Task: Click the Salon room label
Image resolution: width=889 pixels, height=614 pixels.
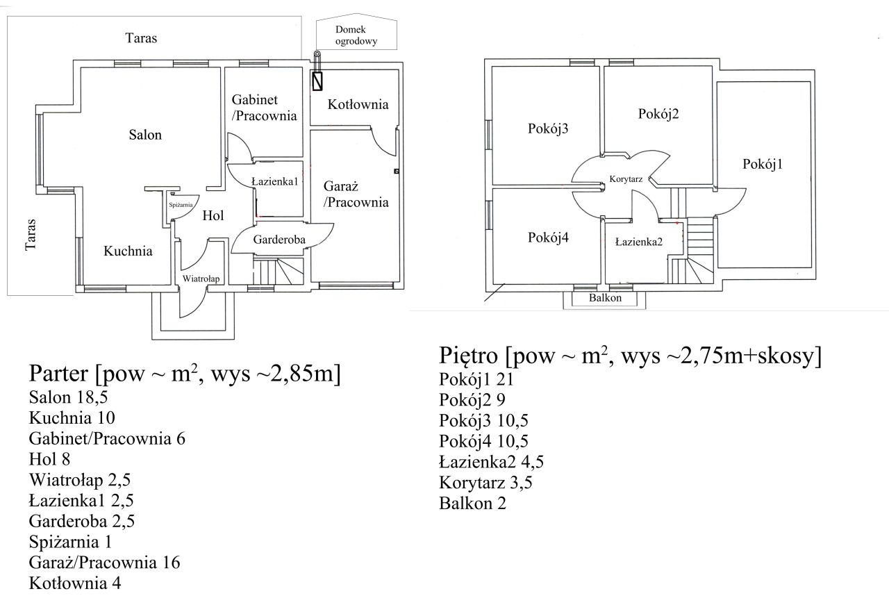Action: click(145, 135)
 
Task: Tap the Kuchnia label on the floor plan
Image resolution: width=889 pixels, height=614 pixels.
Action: click(128, 251)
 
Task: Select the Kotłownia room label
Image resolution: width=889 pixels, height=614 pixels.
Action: click(358, 104)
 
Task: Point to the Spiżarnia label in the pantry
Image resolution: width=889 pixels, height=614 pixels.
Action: click(181, 205)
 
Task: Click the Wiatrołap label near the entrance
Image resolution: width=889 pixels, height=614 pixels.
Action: click(201, 279)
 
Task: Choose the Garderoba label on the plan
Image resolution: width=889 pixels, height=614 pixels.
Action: click(279, 240)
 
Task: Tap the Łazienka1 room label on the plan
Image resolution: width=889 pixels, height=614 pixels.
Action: click(274, 181)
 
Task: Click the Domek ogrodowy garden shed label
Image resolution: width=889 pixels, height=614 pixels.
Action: click(356, 35)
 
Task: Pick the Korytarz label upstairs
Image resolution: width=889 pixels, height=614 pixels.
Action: click(626, 179)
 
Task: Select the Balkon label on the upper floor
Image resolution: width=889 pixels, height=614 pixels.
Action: click(605, 298)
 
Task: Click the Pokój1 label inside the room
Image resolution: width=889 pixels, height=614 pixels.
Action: click(763, 164)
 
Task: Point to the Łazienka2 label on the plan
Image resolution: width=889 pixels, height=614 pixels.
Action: click(639, 242)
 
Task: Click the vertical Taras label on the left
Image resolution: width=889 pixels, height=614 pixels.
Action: click(31, 234)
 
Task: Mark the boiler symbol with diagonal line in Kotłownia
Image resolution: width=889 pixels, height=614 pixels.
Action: click(317, 81)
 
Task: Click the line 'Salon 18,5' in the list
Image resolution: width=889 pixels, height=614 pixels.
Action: click(68, 397)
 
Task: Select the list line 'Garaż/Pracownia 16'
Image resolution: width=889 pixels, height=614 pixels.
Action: click(104, 563)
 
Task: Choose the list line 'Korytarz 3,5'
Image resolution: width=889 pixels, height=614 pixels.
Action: click(485, 483)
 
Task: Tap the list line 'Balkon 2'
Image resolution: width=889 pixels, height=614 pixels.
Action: click(472, 504)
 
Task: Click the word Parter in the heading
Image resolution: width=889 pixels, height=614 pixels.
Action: click(58, 374)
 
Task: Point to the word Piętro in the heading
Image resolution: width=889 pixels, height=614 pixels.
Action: click(468, 356)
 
